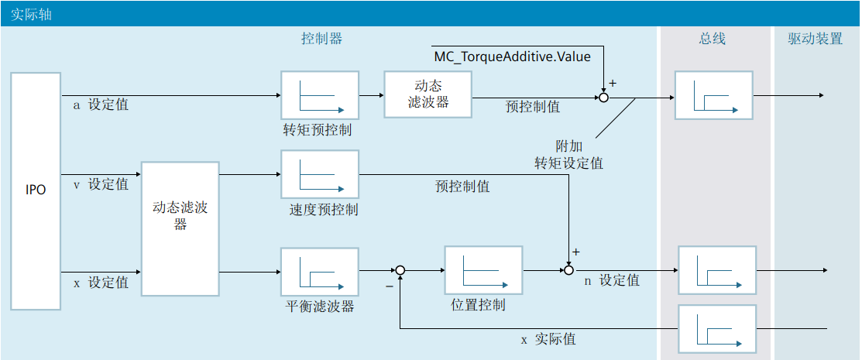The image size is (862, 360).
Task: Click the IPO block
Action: tap(36, 190)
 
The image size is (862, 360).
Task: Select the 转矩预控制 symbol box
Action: tap(320, 94)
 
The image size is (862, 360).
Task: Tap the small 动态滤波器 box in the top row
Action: tap(428, 94)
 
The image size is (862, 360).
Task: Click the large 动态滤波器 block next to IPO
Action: tap(180, 228)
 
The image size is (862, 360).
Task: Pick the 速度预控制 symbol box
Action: tap(320, 174)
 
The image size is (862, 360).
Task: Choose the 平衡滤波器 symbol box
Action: tap(320, 272)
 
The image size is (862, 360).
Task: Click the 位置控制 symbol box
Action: tap(483, 270)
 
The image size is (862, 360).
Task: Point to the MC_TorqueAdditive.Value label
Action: tap(512, 57)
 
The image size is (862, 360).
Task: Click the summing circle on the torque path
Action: tap(604, 97)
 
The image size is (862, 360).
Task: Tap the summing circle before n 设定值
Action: tap(569, 270)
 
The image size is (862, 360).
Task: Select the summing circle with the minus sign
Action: tap(400, 270)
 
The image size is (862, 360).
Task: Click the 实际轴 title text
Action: tap(32, 14)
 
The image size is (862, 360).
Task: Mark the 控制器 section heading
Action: tap(321, 39)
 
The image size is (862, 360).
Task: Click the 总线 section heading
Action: tap(712, 39)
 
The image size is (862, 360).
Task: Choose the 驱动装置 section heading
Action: tap(816, 39)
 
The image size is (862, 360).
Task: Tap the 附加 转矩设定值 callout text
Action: tap(568, 155)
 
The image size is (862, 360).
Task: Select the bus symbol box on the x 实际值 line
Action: tap(716, 328)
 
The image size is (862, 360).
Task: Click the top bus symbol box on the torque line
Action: tap(713, 95)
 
